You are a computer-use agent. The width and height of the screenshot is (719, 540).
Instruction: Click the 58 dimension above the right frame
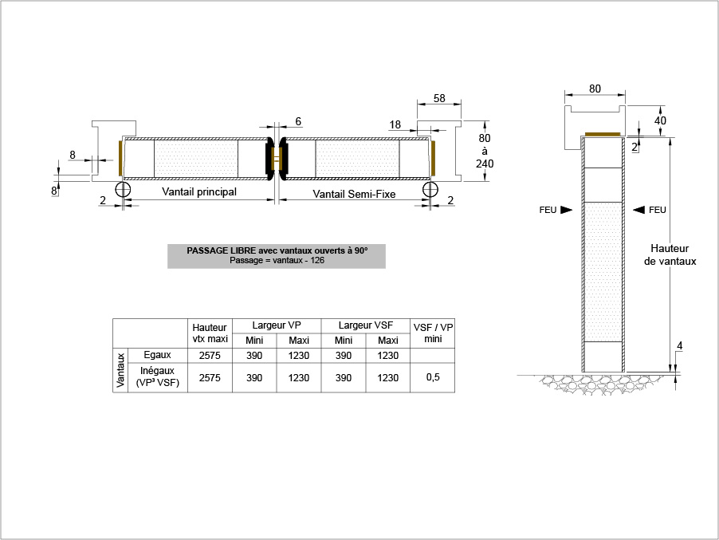pos(439,98)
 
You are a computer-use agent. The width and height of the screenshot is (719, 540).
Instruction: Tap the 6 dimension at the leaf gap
pos(298,121)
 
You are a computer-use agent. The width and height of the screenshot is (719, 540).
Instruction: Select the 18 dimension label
pos(395,124)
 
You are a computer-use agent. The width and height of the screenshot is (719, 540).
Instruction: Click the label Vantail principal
pos(199,191)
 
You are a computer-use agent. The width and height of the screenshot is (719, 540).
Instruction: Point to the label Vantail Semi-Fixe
pos(354,194)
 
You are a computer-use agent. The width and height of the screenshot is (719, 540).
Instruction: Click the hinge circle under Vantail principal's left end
pos(123,189)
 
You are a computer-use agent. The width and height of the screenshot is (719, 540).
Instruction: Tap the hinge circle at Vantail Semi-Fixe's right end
pos(430,189)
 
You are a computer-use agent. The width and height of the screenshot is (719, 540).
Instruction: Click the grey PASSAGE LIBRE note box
pos(277,256)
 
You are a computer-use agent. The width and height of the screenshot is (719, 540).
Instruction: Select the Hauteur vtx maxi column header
pos(210,333)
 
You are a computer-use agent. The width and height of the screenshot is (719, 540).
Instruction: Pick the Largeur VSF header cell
pos(365,325)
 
